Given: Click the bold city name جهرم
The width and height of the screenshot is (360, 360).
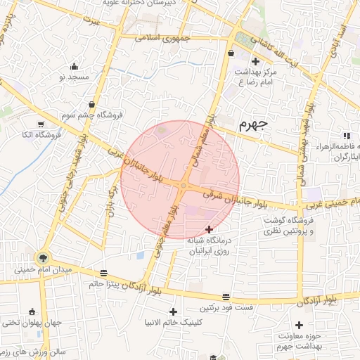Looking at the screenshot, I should tap(253, 125).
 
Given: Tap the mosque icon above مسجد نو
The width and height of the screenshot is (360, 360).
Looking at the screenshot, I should tap(85, 64).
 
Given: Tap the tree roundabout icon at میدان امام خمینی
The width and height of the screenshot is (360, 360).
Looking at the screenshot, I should tap(44, 259).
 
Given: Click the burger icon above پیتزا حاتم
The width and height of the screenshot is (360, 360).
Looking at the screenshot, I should tap(104, 273).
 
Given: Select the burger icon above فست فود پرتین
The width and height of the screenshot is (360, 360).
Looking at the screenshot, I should tap(226, 297).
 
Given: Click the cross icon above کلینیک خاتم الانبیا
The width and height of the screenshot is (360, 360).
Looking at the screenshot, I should tap(173, 311).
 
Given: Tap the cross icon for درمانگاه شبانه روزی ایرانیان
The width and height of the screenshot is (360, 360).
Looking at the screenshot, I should tap(208, 229).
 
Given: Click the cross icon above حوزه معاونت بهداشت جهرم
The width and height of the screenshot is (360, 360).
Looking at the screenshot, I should tap(300, 325).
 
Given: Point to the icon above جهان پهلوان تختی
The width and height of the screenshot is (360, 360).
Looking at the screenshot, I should tap(32, 311).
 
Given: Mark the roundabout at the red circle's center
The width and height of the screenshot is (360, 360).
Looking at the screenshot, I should tap(181, 186).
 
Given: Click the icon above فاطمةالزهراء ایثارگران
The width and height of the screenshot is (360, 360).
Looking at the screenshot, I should tap(346, 136).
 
